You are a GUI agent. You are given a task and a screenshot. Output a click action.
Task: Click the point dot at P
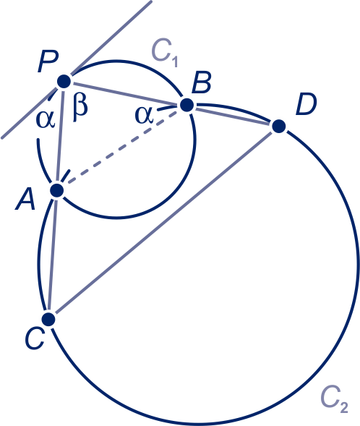tap(64, 81)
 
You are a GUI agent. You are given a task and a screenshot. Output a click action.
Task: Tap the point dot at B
tap(187, 105)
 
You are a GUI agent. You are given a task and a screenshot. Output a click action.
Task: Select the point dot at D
tap(278, 127)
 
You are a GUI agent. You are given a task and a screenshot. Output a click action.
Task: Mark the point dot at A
tap(57, 190)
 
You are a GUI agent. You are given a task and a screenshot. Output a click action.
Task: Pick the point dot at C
tap(49, 319)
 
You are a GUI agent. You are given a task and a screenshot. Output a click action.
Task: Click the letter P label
tap(48, 62)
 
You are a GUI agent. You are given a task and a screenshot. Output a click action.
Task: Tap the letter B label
tap(202, 82)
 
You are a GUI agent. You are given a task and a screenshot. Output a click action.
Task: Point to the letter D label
tap(307, 104)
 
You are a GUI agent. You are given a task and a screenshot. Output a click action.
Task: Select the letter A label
tap(25, 200)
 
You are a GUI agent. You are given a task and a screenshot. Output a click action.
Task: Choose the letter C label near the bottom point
tap(35, 338)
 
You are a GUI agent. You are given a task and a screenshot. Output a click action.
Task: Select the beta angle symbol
tap(80, 109)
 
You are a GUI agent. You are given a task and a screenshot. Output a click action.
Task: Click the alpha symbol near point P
tap(46, 119)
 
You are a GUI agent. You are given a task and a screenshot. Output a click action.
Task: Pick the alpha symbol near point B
tap(144, 115)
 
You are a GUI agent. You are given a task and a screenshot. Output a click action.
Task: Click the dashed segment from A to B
tap(122, 148)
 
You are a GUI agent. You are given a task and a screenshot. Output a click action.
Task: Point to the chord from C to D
tap(163, 223)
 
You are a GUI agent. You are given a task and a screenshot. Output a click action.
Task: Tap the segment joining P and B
tap(126, 93)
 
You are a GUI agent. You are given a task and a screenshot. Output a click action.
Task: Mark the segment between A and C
tap(53, 255)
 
